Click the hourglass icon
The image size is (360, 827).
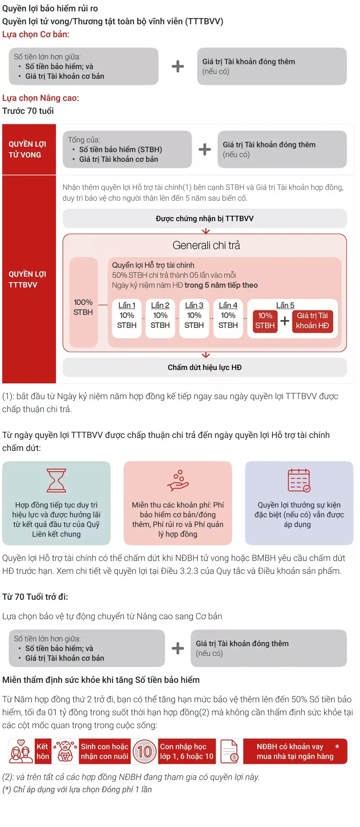pyautogui.click(x=56, y=480)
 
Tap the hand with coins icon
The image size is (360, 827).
pyautogui.click(x=178, y=480)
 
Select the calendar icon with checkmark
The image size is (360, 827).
pyautogui.click(x=299, y=480)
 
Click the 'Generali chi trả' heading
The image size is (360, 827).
pyautogui.click(x=206, y=245)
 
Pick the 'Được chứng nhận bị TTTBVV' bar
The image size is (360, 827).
pyautogui.click(x=205, y=219)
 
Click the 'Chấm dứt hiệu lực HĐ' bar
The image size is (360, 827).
pyautogui.click(x=205, y=367)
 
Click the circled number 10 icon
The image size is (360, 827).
pyautogui.click(x=144, y=751)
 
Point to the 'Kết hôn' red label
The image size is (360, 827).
pyautogui.click(x=43, y=751)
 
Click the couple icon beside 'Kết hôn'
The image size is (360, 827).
pyautogui.click(x=21, y=751)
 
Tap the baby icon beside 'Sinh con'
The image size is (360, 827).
pyautogui.click(x=65, y=751)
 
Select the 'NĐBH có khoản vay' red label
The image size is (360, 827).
pyautogui.click(x=295, y=751)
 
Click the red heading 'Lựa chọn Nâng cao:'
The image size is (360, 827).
pyautogui.click(x=41, y=98)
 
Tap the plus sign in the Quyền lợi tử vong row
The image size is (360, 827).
pyautogui.click(x=205, y=149)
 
